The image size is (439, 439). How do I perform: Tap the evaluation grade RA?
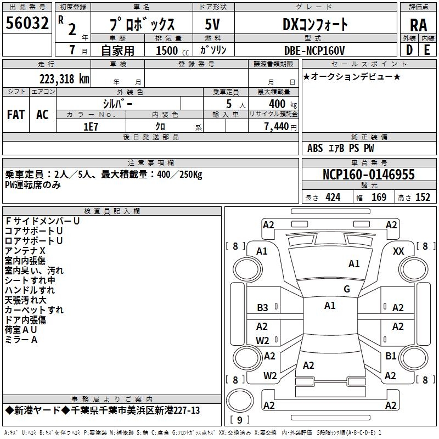[418, 25]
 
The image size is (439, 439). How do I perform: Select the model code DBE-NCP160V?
[314, 50]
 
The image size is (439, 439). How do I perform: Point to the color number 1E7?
[91, 126]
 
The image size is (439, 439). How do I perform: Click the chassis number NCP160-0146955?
[369, 175]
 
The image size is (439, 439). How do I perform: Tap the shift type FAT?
[16, 115]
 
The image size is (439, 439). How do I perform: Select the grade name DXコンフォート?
[314, 25]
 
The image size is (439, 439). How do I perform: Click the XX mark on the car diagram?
[399, 251]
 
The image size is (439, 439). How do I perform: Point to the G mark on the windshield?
[346, 289]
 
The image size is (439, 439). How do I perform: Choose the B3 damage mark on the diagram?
[263, 308]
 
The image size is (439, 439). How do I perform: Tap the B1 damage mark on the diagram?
[391, 356]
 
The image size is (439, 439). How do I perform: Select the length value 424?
[333, 198]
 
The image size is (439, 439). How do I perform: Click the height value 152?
[423, 198]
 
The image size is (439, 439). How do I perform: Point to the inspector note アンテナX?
[25, 251]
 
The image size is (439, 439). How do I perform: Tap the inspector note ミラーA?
[21, 340]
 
